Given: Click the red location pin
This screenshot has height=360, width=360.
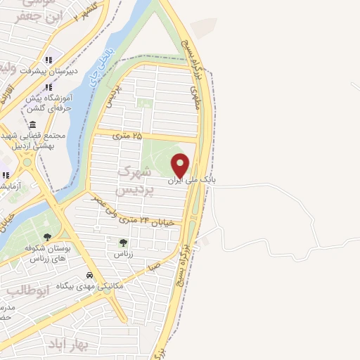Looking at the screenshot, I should coord(181,165).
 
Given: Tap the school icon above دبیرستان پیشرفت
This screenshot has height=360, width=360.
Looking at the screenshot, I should coord(49,60).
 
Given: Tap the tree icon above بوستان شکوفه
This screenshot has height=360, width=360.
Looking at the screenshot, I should coord(48,238).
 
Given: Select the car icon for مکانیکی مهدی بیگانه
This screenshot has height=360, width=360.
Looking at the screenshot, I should coord(89,276).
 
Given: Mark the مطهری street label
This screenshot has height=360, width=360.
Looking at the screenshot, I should coord(195,97).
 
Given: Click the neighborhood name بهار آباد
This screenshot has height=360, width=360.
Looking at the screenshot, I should coord(68,345).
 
